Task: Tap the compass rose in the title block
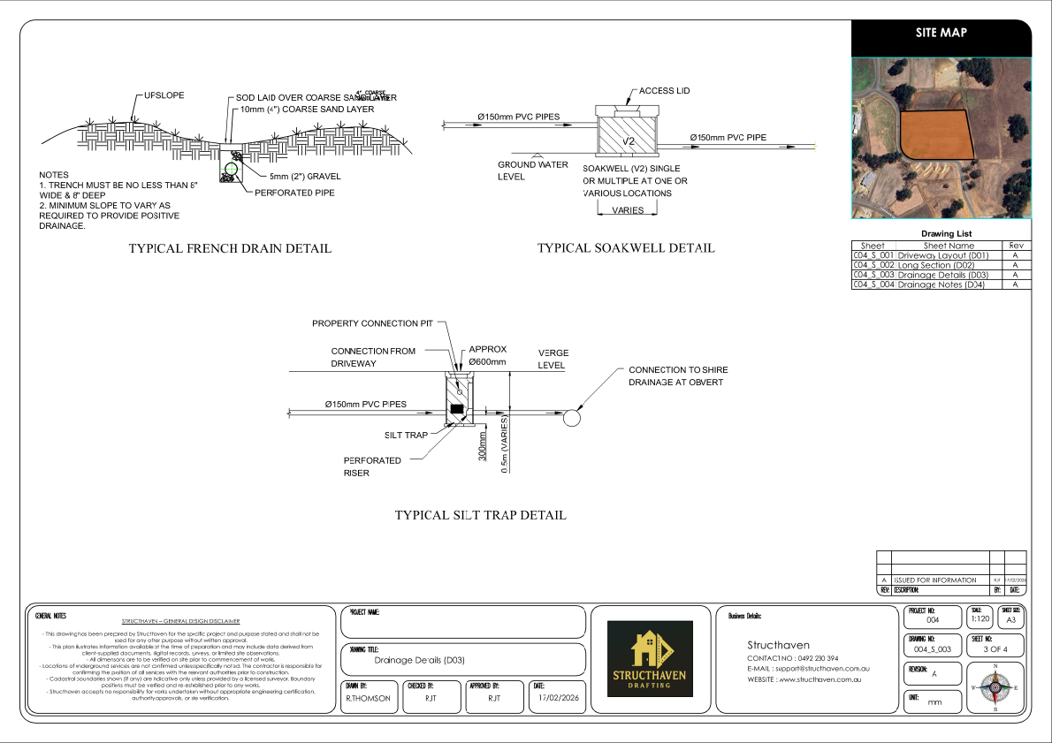(x=995, y=686)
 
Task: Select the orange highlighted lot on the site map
(x=935, y=134)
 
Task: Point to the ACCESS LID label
(x=664, y=91)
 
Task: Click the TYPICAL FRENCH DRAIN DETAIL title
(x=230, y=249)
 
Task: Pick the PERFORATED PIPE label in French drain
(x=294, y=192)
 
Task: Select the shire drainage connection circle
(x=572, y=417)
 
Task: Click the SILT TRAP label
(x=406, y=436)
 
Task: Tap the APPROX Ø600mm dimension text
(x=487, y=355)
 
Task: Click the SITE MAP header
(x=941, y=33)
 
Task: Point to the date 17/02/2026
(x=558, y=698)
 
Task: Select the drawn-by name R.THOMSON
(x=367, y=698)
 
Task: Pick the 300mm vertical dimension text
(x=483, y=447)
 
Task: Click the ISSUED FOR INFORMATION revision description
(x=935, y=580)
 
